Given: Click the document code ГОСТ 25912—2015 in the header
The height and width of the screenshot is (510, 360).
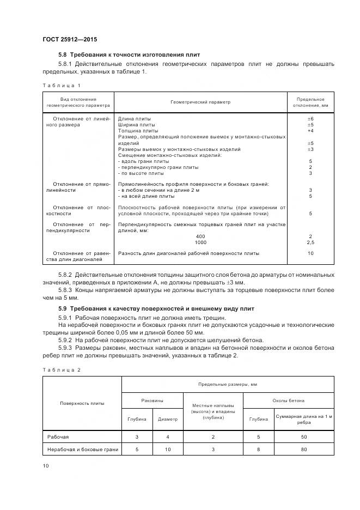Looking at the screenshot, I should point(70,39).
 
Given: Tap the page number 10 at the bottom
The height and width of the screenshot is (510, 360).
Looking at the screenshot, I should point(45,465).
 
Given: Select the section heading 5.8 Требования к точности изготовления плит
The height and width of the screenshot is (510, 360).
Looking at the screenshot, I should point(129,55).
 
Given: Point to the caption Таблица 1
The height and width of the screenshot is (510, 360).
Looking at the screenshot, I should point(61,85).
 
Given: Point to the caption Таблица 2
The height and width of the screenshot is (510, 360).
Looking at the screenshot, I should point(61,370).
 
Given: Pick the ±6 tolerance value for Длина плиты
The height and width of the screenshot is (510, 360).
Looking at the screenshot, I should point(310,119).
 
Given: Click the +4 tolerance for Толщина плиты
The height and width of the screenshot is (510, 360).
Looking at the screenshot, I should point(310,131).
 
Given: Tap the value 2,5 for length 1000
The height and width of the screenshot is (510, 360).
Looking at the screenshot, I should point(310,241).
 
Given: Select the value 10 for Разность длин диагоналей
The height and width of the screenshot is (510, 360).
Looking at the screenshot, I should point(310,253).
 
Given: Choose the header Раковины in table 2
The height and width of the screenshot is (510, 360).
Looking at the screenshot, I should point(152,400).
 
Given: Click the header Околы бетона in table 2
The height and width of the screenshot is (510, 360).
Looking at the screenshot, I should point(288,400).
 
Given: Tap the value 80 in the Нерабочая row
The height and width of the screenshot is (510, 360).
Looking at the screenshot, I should point(303,450).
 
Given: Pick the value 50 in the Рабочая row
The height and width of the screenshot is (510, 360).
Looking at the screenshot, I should point(303,437).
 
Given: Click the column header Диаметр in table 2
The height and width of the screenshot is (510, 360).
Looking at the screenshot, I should point(167,419).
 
